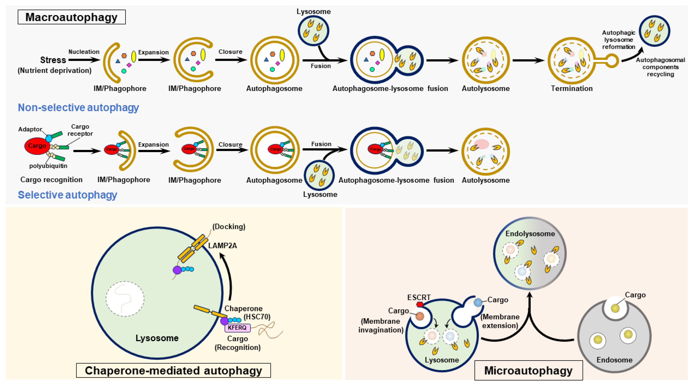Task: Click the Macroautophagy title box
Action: (x=72, y=17)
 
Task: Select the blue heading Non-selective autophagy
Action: (x=78, y=108)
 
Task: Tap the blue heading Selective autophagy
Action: (x=68, y=195)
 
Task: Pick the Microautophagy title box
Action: (x=528, y=370)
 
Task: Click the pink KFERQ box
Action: (x=237, y=328)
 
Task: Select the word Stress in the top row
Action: (x=53, y=60)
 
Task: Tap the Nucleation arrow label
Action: (x=84, y=52)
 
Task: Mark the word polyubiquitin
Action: (x=48, y=166)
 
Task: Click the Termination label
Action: (x=572, y=89)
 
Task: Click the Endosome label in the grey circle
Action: (x=614, y=360)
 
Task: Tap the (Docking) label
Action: (x=229, y=226)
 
